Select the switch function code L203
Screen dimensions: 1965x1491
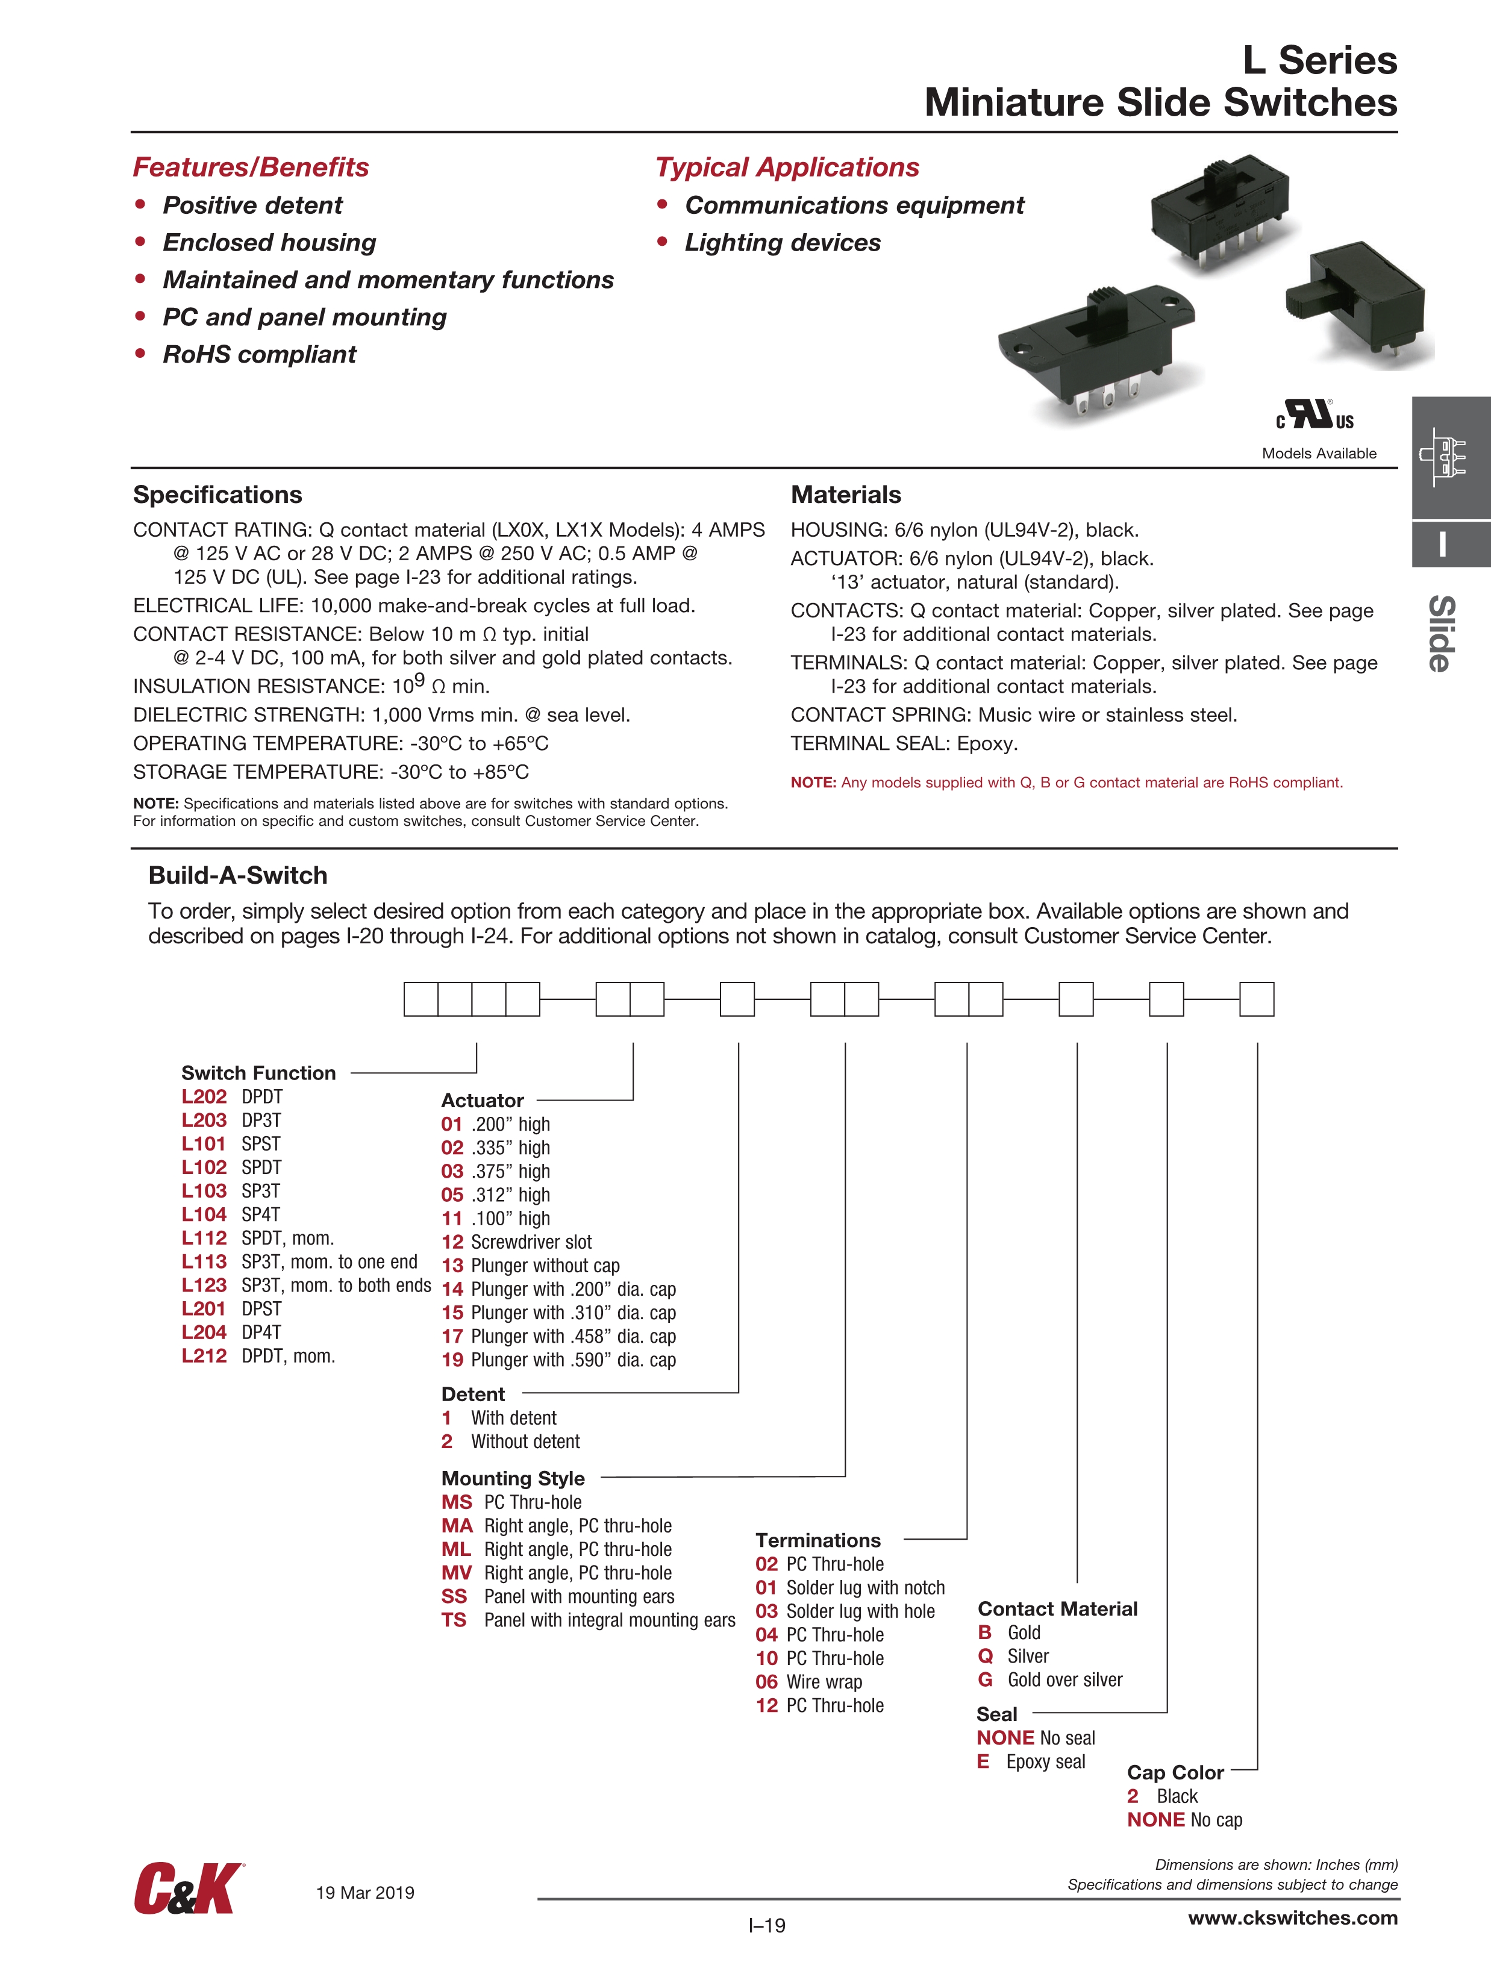point(204,1120)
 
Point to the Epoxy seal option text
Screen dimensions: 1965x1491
point(1045,1761)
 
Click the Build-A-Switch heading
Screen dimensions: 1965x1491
point(237,875)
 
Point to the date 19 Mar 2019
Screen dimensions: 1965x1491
point(365,1892)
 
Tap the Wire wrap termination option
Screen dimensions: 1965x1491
point(824,1682)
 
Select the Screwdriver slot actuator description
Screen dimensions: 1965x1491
point(531,1242)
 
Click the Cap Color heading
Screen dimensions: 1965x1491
point(1175,1772)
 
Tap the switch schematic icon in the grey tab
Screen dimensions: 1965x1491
point(1443,457)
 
